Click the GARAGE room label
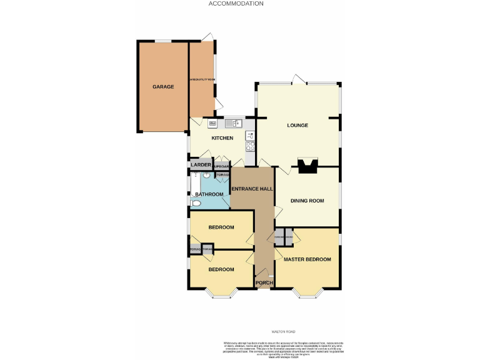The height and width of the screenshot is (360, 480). point(163,86)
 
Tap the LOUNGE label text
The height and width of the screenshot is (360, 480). point(297,125)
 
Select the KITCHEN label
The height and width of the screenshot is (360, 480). point(222,138)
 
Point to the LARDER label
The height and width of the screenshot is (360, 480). point(201,165)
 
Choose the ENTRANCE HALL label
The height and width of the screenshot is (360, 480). point(251,188)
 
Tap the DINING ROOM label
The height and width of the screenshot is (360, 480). point(307,201)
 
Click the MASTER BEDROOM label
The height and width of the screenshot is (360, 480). point(307,259)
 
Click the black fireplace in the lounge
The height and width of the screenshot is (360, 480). point(307,166)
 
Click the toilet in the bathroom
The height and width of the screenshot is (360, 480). point(196,204)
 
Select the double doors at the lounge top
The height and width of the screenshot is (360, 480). point(298,81)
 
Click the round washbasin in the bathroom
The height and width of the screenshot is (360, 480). point(206,176)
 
